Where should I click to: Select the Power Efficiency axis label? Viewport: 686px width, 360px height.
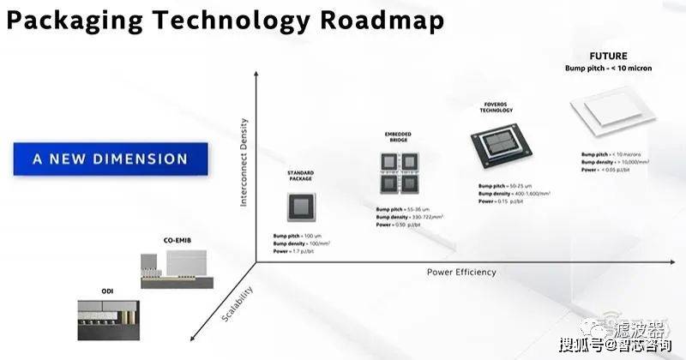coord(461,272)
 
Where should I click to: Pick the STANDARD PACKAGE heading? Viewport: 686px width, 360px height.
coord(300,177)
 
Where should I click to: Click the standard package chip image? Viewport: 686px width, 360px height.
coord(300,207)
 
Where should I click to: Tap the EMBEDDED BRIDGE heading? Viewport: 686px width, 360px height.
coord(398,139)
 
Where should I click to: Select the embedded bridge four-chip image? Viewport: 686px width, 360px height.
coord(398,172)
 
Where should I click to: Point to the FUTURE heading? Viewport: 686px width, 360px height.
coord(609,56)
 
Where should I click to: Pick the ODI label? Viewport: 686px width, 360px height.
coord(83,291)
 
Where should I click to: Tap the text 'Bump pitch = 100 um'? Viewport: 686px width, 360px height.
coord(302,235)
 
